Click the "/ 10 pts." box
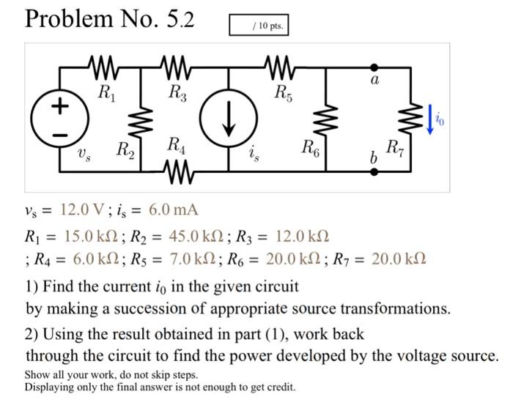259,26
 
